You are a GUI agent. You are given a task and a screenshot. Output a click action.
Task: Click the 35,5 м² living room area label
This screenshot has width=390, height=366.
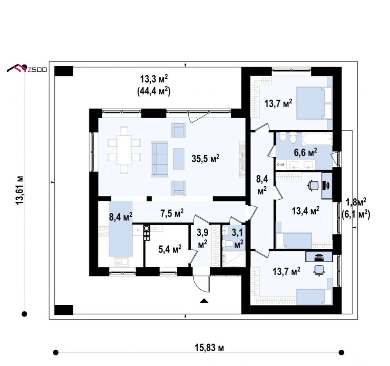[205, 158]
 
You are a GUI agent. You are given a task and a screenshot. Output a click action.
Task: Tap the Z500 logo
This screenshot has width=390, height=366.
[27, 69]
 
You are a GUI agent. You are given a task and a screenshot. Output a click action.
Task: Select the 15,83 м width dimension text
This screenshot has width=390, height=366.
[209, 348]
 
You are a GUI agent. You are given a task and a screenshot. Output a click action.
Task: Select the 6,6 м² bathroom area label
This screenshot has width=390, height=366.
[305, 152]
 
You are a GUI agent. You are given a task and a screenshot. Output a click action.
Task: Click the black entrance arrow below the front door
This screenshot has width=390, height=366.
[204, 301]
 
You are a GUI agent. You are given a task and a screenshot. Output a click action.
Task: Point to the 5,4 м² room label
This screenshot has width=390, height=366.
[170, 249]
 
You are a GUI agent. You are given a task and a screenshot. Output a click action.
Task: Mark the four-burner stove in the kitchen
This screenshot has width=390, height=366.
[103, 232]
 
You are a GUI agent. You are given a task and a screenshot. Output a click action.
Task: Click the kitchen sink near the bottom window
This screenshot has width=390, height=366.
[121, 261]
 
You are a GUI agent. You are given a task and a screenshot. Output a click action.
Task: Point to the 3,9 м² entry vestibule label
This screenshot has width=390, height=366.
[203, 239]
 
